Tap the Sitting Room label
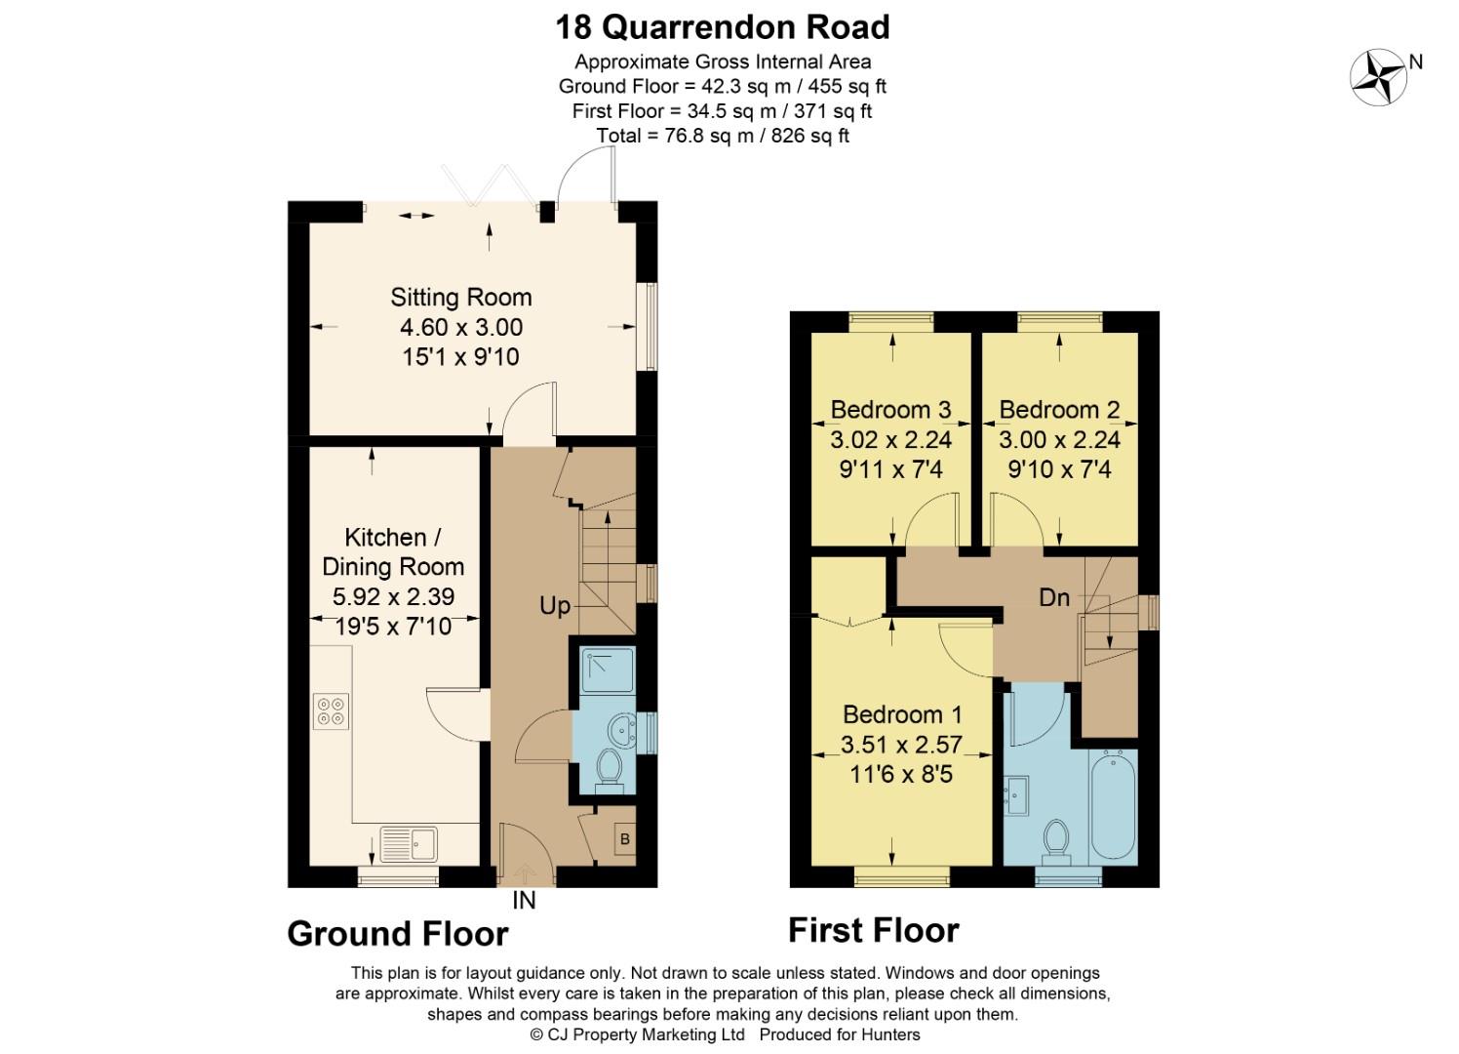[x=460, y=297]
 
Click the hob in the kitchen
[x=331, y=709]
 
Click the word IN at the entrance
[x=524, y=901]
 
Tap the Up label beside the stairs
[x=554, y=606]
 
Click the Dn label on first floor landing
[x=1054, y=597]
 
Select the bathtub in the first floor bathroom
[x=1113, y=805]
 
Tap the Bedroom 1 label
[x=902, y=714]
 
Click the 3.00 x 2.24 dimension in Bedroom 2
[x=1059, y=439]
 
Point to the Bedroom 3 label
[x=890, y=409]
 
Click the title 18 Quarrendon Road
[x=723, y=26]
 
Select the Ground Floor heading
[x=398, y=934]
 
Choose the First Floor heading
[x=873, y=930]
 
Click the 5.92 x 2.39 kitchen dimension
[x=393, y=596]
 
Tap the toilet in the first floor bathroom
[x=1054, y=840]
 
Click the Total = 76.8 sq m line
[x=723, y=136]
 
